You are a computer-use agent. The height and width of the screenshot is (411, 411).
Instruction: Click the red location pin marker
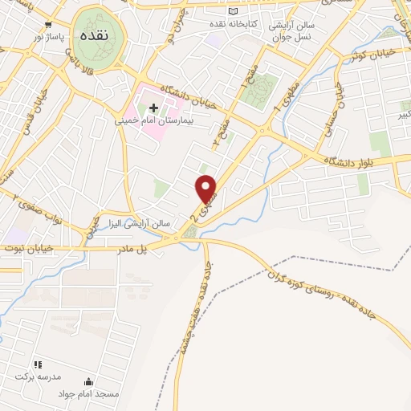pos(206,189)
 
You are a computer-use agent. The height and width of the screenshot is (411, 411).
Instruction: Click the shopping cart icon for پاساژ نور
pos(49,25)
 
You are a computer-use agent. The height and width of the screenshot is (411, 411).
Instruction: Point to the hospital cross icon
pos(153,108)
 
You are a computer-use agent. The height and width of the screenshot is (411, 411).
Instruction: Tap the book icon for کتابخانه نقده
pos(234,11)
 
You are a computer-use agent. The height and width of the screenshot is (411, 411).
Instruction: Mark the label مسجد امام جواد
pos(88,395)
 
